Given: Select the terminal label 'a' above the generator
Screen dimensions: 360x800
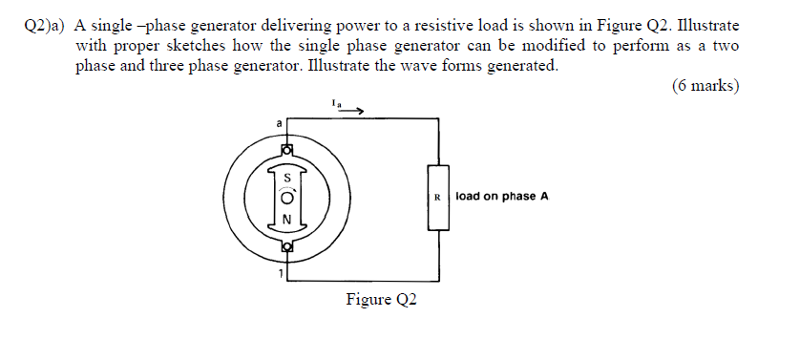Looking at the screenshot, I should (279, 123).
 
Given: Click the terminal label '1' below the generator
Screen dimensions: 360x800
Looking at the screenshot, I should (280, 277).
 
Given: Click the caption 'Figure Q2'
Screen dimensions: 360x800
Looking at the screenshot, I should (381, 300).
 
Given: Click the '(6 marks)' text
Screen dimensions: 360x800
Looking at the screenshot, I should (705, 86).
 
